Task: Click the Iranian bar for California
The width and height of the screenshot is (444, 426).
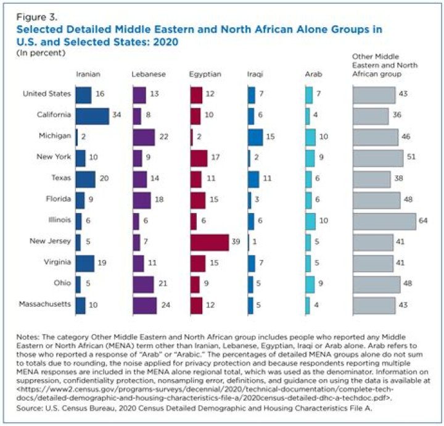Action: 92,116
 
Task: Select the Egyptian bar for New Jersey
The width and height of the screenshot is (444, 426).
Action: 210,243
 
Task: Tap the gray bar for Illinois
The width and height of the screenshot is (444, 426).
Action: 385,222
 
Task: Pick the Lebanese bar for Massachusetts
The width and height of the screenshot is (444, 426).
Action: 145,306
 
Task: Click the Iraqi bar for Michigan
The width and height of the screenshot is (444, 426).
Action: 255,138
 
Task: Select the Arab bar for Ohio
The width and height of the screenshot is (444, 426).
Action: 310,285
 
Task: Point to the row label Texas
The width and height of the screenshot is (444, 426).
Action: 61,178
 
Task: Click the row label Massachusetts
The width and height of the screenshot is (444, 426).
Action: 45,304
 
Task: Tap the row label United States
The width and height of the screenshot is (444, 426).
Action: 47,93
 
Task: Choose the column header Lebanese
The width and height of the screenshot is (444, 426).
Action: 149,74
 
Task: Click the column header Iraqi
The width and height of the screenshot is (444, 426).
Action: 255,74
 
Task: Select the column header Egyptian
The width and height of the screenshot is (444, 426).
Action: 205,74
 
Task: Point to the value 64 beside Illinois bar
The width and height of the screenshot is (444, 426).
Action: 423,220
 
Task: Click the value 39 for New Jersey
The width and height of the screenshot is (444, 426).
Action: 236,241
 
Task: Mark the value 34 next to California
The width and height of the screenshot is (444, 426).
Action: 117,115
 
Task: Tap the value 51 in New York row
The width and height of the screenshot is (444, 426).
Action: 411,157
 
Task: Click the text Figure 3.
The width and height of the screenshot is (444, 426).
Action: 37,17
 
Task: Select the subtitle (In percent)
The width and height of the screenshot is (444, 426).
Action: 41,53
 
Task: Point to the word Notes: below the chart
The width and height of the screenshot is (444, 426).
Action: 28,337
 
